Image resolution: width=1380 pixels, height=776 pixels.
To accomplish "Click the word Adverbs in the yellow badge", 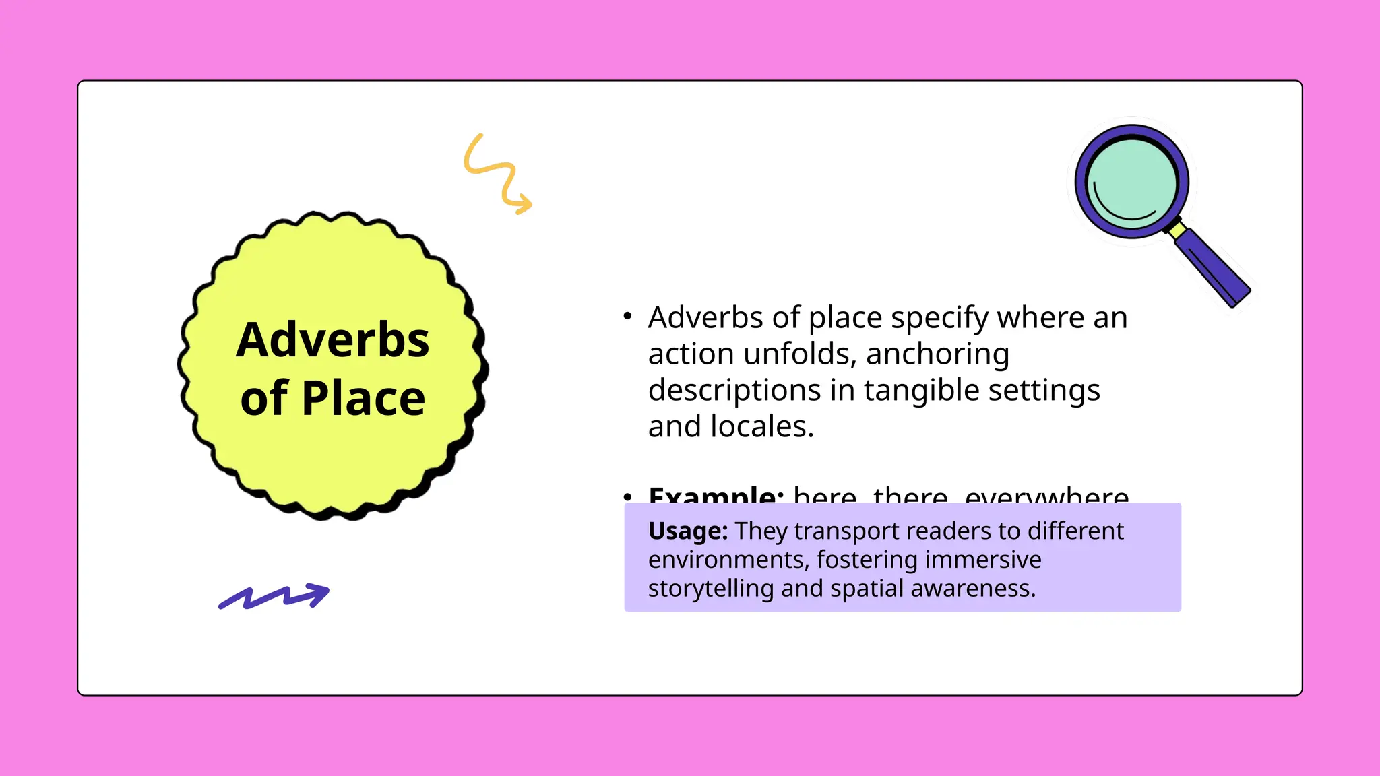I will click(332, 339).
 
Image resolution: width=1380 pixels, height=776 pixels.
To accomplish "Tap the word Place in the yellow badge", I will click(363, 398).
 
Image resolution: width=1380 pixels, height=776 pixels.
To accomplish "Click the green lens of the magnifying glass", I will click(1133, 183).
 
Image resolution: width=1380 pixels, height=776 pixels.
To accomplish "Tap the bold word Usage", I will click(687, 531).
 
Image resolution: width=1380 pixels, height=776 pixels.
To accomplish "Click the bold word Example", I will click(716, 496).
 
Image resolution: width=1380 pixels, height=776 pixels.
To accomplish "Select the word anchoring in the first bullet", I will click(937, 354).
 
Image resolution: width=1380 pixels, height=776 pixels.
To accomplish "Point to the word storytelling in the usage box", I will click(711, 589).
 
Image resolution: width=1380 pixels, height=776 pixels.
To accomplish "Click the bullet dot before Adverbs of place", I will click(627, 315).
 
